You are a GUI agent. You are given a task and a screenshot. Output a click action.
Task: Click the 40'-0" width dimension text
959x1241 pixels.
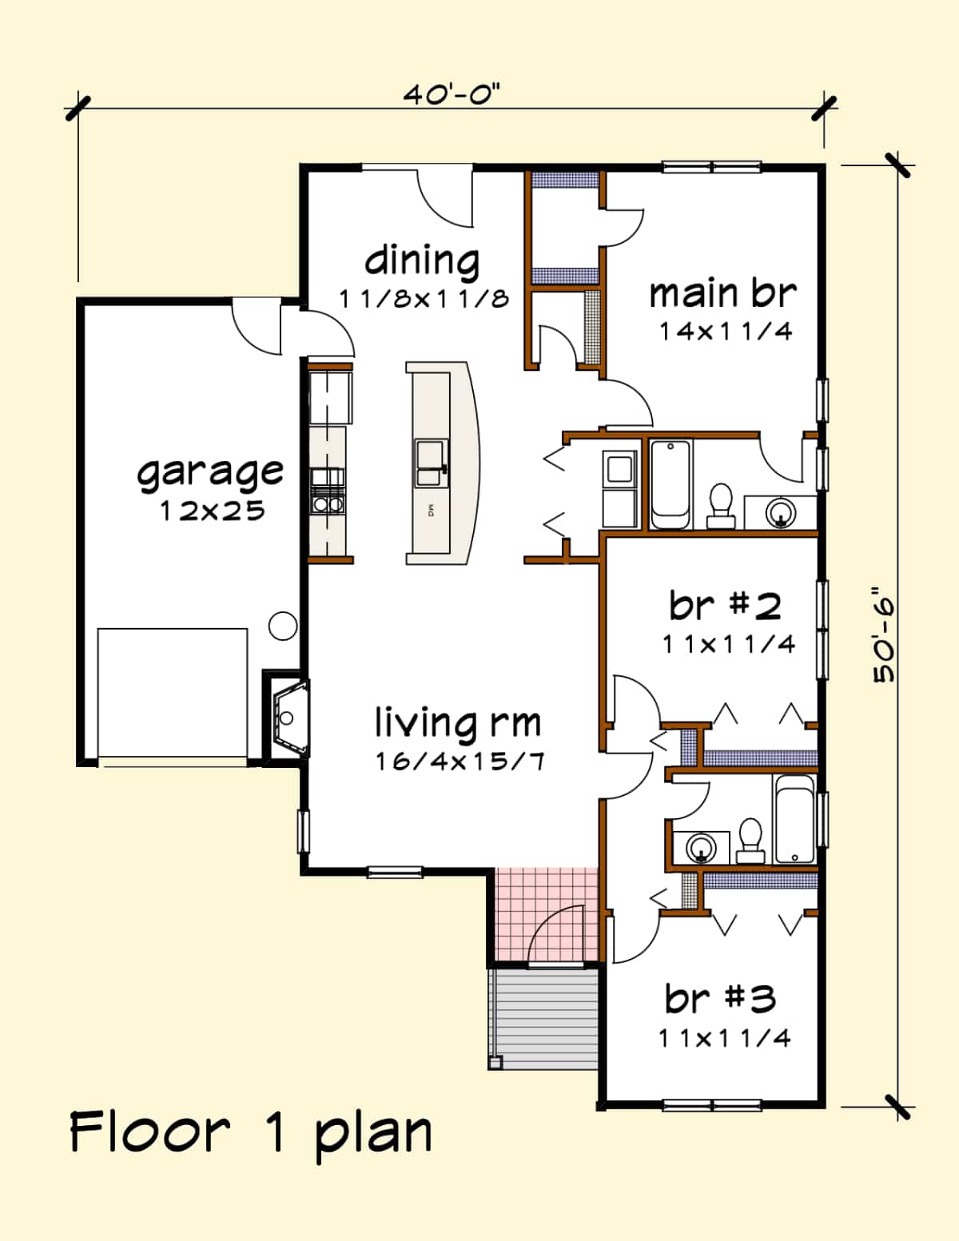451,95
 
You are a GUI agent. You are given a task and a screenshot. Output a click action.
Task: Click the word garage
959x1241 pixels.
209,472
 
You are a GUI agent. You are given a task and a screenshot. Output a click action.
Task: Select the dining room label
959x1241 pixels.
422,261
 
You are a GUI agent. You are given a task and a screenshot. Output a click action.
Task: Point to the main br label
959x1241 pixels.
722,293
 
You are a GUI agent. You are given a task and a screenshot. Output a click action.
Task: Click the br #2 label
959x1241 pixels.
725,606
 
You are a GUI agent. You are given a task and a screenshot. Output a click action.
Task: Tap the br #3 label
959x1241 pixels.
720,998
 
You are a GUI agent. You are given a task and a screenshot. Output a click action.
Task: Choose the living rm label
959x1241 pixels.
458,723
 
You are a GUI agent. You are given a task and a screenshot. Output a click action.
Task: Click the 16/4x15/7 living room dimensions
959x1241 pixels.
460,761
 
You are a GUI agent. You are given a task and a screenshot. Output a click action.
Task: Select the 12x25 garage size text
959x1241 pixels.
213,511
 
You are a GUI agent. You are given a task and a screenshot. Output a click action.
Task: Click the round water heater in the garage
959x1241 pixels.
283,626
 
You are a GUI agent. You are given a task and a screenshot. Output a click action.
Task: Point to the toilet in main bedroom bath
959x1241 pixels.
721,505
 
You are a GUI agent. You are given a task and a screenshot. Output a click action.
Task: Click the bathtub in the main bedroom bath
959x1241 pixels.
670,484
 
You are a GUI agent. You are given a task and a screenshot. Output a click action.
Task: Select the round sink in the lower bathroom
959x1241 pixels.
701,847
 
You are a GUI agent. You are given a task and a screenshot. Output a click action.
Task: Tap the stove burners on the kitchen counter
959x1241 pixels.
327,504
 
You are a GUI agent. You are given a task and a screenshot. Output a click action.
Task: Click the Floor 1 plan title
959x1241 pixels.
251,1132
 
